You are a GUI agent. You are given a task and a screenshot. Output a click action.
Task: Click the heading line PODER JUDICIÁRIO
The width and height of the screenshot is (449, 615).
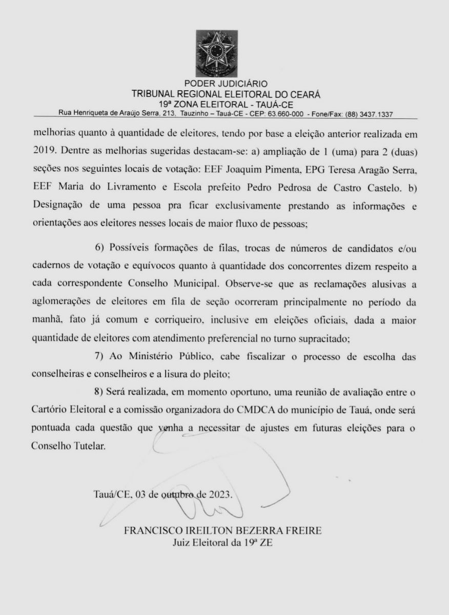pyautogui.click(x=225, y=84)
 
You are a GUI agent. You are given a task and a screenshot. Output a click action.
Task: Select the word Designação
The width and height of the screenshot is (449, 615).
pyautogui.click(x=59, y=206)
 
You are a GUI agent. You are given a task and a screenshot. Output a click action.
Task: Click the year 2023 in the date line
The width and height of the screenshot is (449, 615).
pyautogui.click(x=217, y=496)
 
